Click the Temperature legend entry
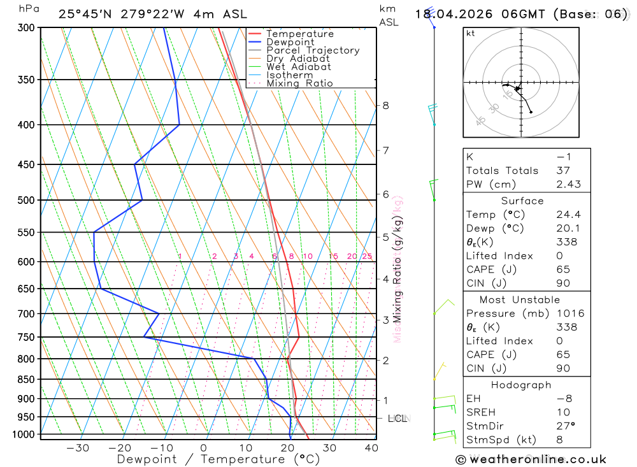pyautogui.click(x=299, y=34)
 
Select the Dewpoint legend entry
pyautogui.click(x=290, y=42)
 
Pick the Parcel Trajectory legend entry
pyautogui.click(x=313, y=50)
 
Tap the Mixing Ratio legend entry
pyautogui.click(x=299, y=83)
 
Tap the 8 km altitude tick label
pyautogui.click(x=385, y=105)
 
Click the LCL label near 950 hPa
pyautogui.click(x=397, y=419)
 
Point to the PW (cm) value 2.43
pyautogui.click(x=568, y=184)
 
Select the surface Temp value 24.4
pyautogui.click(x=568, y=215)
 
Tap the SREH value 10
pyautogui.click(x=561, y=412)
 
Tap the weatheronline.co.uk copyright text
pyautogui.click(x=531, y=459)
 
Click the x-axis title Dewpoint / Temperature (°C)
pyautogui.click(x=218, y=459)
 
